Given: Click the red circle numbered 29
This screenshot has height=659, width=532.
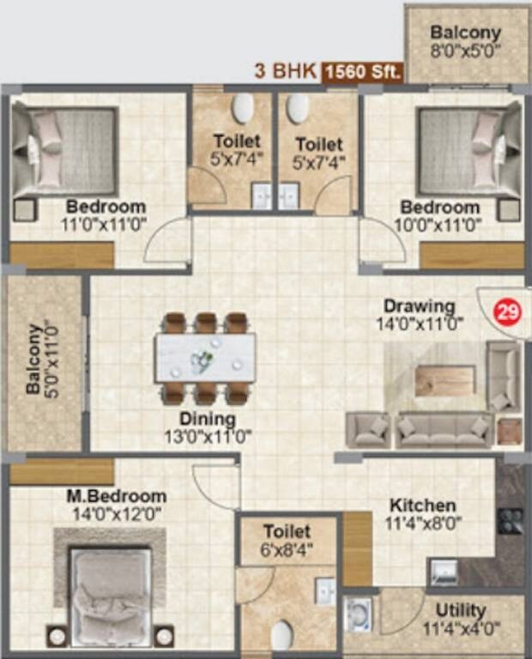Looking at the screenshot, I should [508, 313].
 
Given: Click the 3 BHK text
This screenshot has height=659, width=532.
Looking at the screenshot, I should [286, 71].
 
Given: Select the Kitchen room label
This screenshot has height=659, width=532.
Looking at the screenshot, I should [422, 505].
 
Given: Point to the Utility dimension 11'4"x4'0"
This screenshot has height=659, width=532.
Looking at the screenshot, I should [461, 627].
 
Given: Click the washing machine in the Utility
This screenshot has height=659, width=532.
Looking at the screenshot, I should [357, 615].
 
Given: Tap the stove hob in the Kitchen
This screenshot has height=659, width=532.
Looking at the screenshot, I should [511, 520].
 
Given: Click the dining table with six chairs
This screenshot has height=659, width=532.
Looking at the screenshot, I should [205, 356].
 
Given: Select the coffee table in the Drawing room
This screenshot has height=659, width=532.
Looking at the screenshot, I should [444, 381].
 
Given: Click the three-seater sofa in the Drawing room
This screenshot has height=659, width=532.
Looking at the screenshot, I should [444, 430].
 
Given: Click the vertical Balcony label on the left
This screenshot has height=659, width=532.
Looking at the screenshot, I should [33, 358].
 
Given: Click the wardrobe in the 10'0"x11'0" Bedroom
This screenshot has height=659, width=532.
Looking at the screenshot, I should [471, 256].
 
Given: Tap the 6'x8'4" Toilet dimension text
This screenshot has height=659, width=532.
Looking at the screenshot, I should [287, 549].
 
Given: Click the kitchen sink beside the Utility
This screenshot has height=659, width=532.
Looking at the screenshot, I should [444, 571].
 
